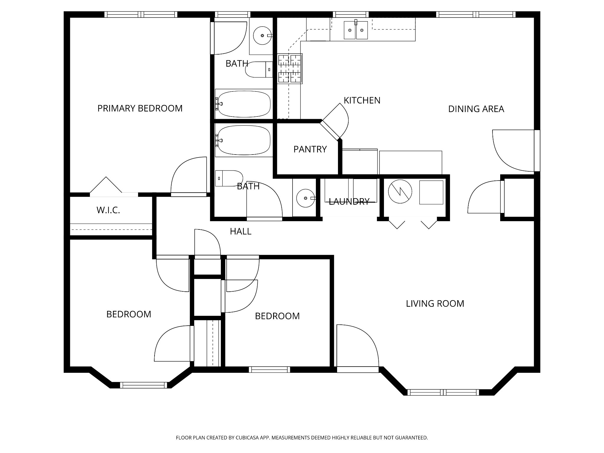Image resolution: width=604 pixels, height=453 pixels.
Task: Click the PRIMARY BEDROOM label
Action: [140, 109]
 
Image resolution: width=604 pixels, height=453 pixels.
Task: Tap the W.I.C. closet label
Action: [108, 210]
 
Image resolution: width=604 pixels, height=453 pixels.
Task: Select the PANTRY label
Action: [310, 150]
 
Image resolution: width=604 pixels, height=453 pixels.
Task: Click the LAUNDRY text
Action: [349, 202]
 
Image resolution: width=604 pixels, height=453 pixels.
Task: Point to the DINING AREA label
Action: [476, 109]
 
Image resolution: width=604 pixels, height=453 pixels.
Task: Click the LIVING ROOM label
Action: [435, 304]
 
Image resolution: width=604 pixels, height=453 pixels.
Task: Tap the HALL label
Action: [241, 232]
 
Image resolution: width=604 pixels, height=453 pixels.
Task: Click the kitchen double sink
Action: [356, 30]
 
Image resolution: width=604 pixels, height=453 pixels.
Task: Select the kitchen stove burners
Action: [290, 68]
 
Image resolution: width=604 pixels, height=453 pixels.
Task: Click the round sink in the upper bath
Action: [262, 35]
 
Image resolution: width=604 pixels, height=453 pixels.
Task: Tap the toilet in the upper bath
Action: [260, 70]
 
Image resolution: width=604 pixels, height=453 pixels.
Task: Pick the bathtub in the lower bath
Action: [244, 140]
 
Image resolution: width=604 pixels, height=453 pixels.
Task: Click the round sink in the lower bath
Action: [306, 198]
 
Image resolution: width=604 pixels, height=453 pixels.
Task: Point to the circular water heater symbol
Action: [400, 191]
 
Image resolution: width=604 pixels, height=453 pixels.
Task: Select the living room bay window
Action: [443, 392]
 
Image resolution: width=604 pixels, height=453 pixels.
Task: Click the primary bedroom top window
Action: [141, 14]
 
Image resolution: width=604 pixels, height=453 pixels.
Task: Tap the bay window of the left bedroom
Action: [143, 385]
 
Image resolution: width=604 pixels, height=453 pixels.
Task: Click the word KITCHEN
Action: [362, 101]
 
